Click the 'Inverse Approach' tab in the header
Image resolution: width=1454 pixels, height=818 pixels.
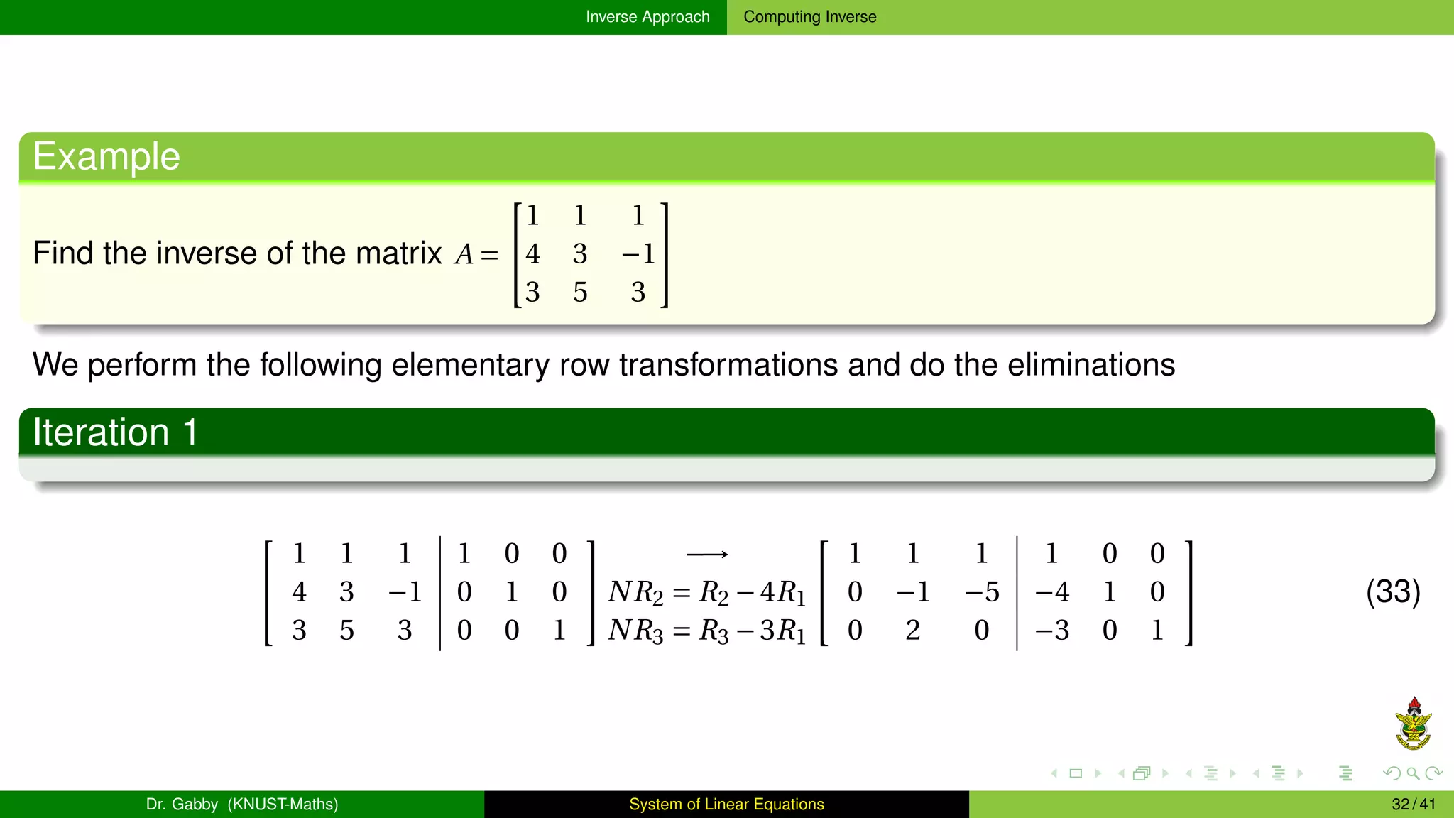tap(647, 17)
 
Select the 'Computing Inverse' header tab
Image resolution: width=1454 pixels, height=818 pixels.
tap(809, 17)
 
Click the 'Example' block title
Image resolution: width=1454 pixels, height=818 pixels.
tap(106, 157)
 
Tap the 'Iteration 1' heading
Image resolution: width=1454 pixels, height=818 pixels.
tap(115, 432)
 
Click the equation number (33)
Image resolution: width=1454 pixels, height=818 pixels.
tap(1392, 591)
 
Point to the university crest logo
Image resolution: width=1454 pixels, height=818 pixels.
tap(1413, 724)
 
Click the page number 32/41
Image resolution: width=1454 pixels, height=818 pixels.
tap(1413, 805)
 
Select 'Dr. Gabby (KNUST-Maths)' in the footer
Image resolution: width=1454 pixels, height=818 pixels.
tap(242, 805)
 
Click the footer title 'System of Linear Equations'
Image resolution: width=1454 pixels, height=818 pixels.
tap(726, 805)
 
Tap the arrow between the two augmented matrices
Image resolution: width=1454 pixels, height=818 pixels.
tap(707, 554)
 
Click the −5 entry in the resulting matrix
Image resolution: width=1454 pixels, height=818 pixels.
tap(982, 592)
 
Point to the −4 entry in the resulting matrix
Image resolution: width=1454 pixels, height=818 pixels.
tap(1051, 592)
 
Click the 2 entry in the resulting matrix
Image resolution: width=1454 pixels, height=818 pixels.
tap(913, 631)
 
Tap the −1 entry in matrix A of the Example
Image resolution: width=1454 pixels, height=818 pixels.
tap(638, 254)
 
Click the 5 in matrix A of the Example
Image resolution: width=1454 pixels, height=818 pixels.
tap(580, 293)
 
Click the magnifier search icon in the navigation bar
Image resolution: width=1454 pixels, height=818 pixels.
tap(1413, 773)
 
